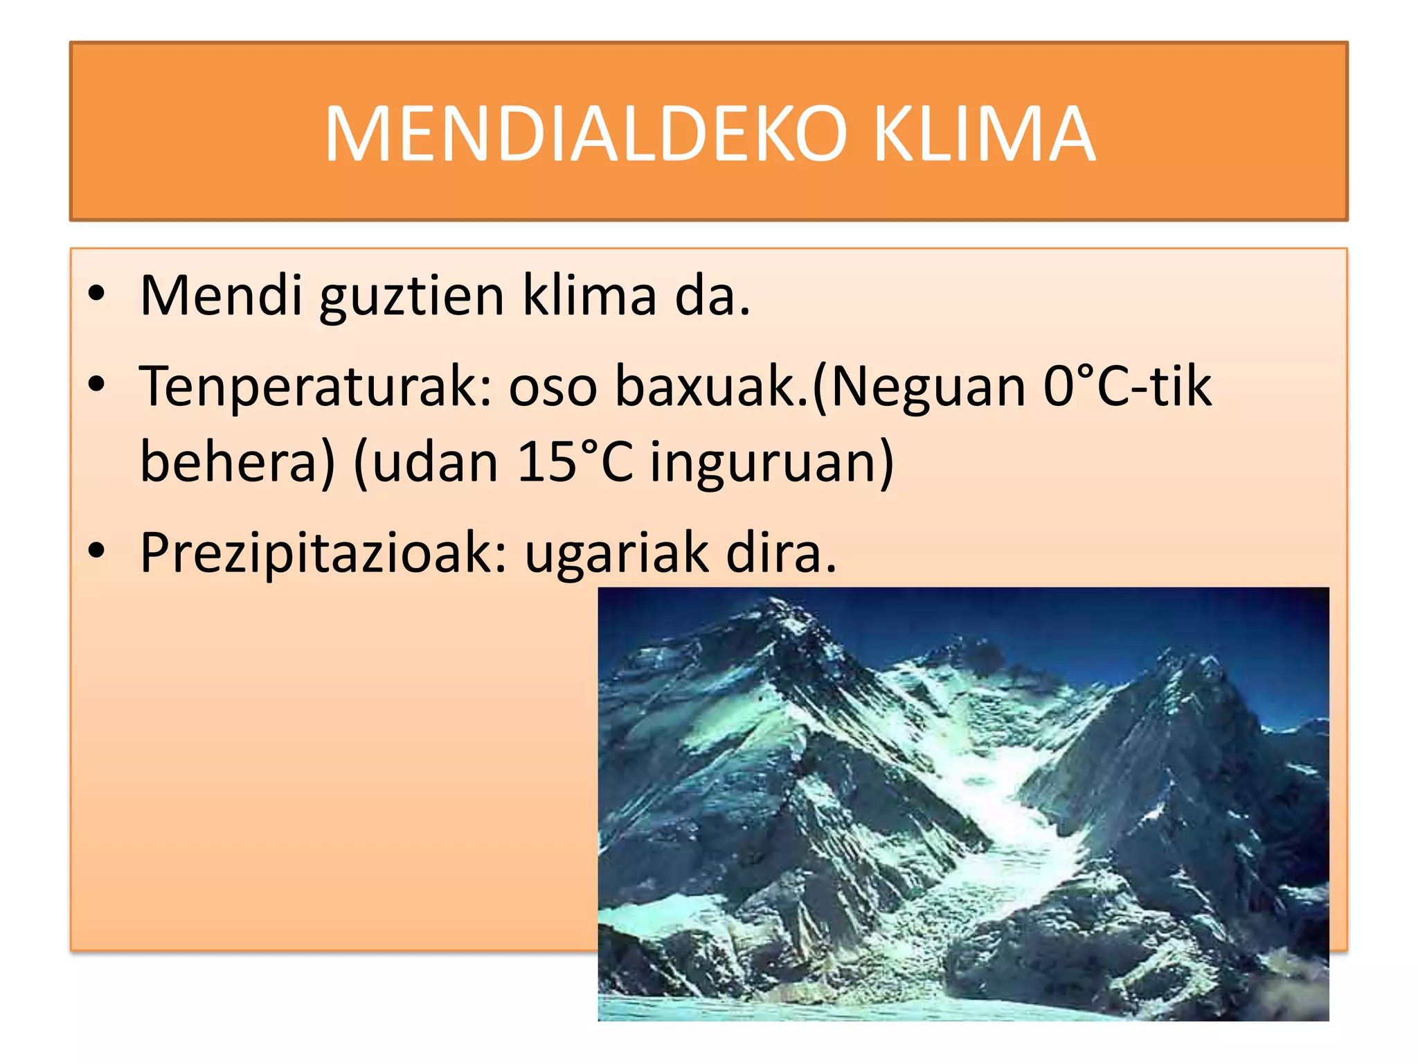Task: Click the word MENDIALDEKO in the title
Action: click(x=585, y=134)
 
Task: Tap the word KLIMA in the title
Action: click(x=984, y=134)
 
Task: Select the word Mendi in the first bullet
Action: click(x=221, y=296)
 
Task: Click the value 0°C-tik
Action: click(x=1127, y=387)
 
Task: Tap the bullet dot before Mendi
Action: click(x=96, y=294)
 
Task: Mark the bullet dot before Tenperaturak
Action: click(x=96, y=384)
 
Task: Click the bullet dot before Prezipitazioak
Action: click(x=96, y=551)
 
